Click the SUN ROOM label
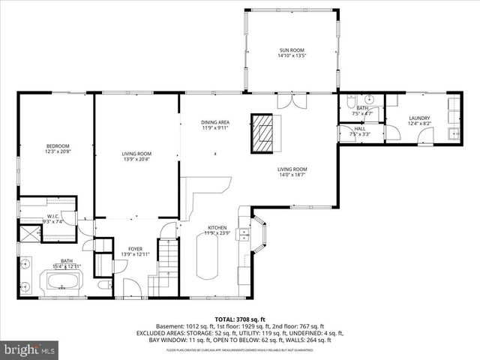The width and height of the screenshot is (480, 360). [292, 49]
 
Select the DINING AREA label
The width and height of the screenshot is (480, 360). [215, 121]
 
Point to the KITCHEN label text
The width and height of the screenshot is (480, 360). [218, 227]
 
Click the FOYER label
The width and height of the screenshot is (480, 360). [135, 248]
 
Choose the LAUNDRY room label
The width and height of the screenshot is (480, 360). [419, 118]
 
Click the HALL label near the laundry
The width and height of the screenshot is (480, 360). [360, 129]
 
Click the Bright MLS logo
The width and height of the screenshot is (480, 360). [30, 349]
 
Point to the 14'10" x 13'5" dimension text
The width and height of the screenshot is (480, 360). [292, 55]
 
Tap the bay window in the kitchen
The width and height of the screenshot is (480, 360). [259, 235]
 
